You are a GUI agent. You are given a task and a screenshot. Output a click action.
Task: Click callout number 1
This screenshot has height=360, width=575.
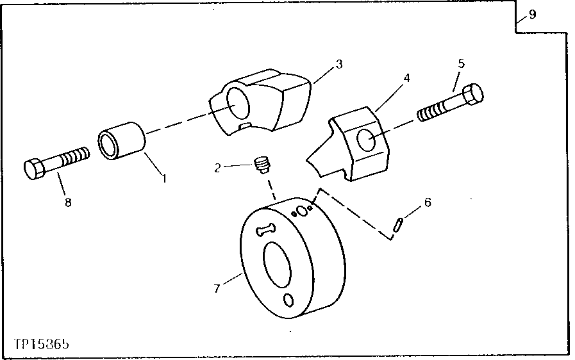[x=163, y=179]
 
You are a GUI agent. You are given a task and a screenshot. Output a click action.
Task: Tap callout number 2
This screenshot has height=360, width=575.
[x=218, y=168]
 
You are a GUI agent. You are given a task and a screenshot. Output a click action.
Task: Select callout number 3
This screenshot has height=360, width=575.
[x=339, y=64]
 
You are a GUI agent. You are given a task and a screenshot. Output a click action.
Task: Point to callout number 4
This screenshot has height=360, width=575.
[x=406, y=78]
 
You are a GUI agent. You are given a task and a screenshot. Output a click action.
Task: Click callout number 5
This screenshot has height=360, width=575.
[x=461, y=63]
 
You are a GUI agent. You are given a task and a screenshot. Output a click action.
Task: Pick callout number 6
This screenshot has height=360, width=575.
[x=428, y=202]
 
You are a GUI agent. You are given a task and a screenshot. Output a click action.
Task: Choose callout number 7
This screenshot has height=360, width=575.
[x=217, y=289]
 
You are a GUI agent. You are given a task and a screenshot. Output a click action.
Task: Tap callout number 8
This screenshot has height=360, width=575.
[x=68, y=202]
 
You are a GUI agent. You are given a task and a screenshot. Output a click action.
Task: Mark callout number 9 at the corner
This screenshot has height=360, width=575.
[x=532, y=14]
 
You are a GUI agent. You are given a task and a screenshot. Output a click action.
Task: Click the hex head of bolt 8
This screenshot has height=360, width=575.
[x=35, y=170]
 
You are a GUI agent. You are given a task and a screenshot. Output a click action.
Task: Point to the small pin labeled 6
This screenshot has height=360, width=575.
[x=398, y=224]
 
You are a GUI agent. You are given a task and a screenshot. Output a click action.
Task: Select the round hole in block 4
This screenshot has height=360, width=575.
[x=367, y=140]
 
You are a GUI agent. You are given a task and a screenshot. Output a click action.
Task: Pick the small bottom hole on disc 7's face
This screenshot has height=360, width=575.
[x=288, y=300]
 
